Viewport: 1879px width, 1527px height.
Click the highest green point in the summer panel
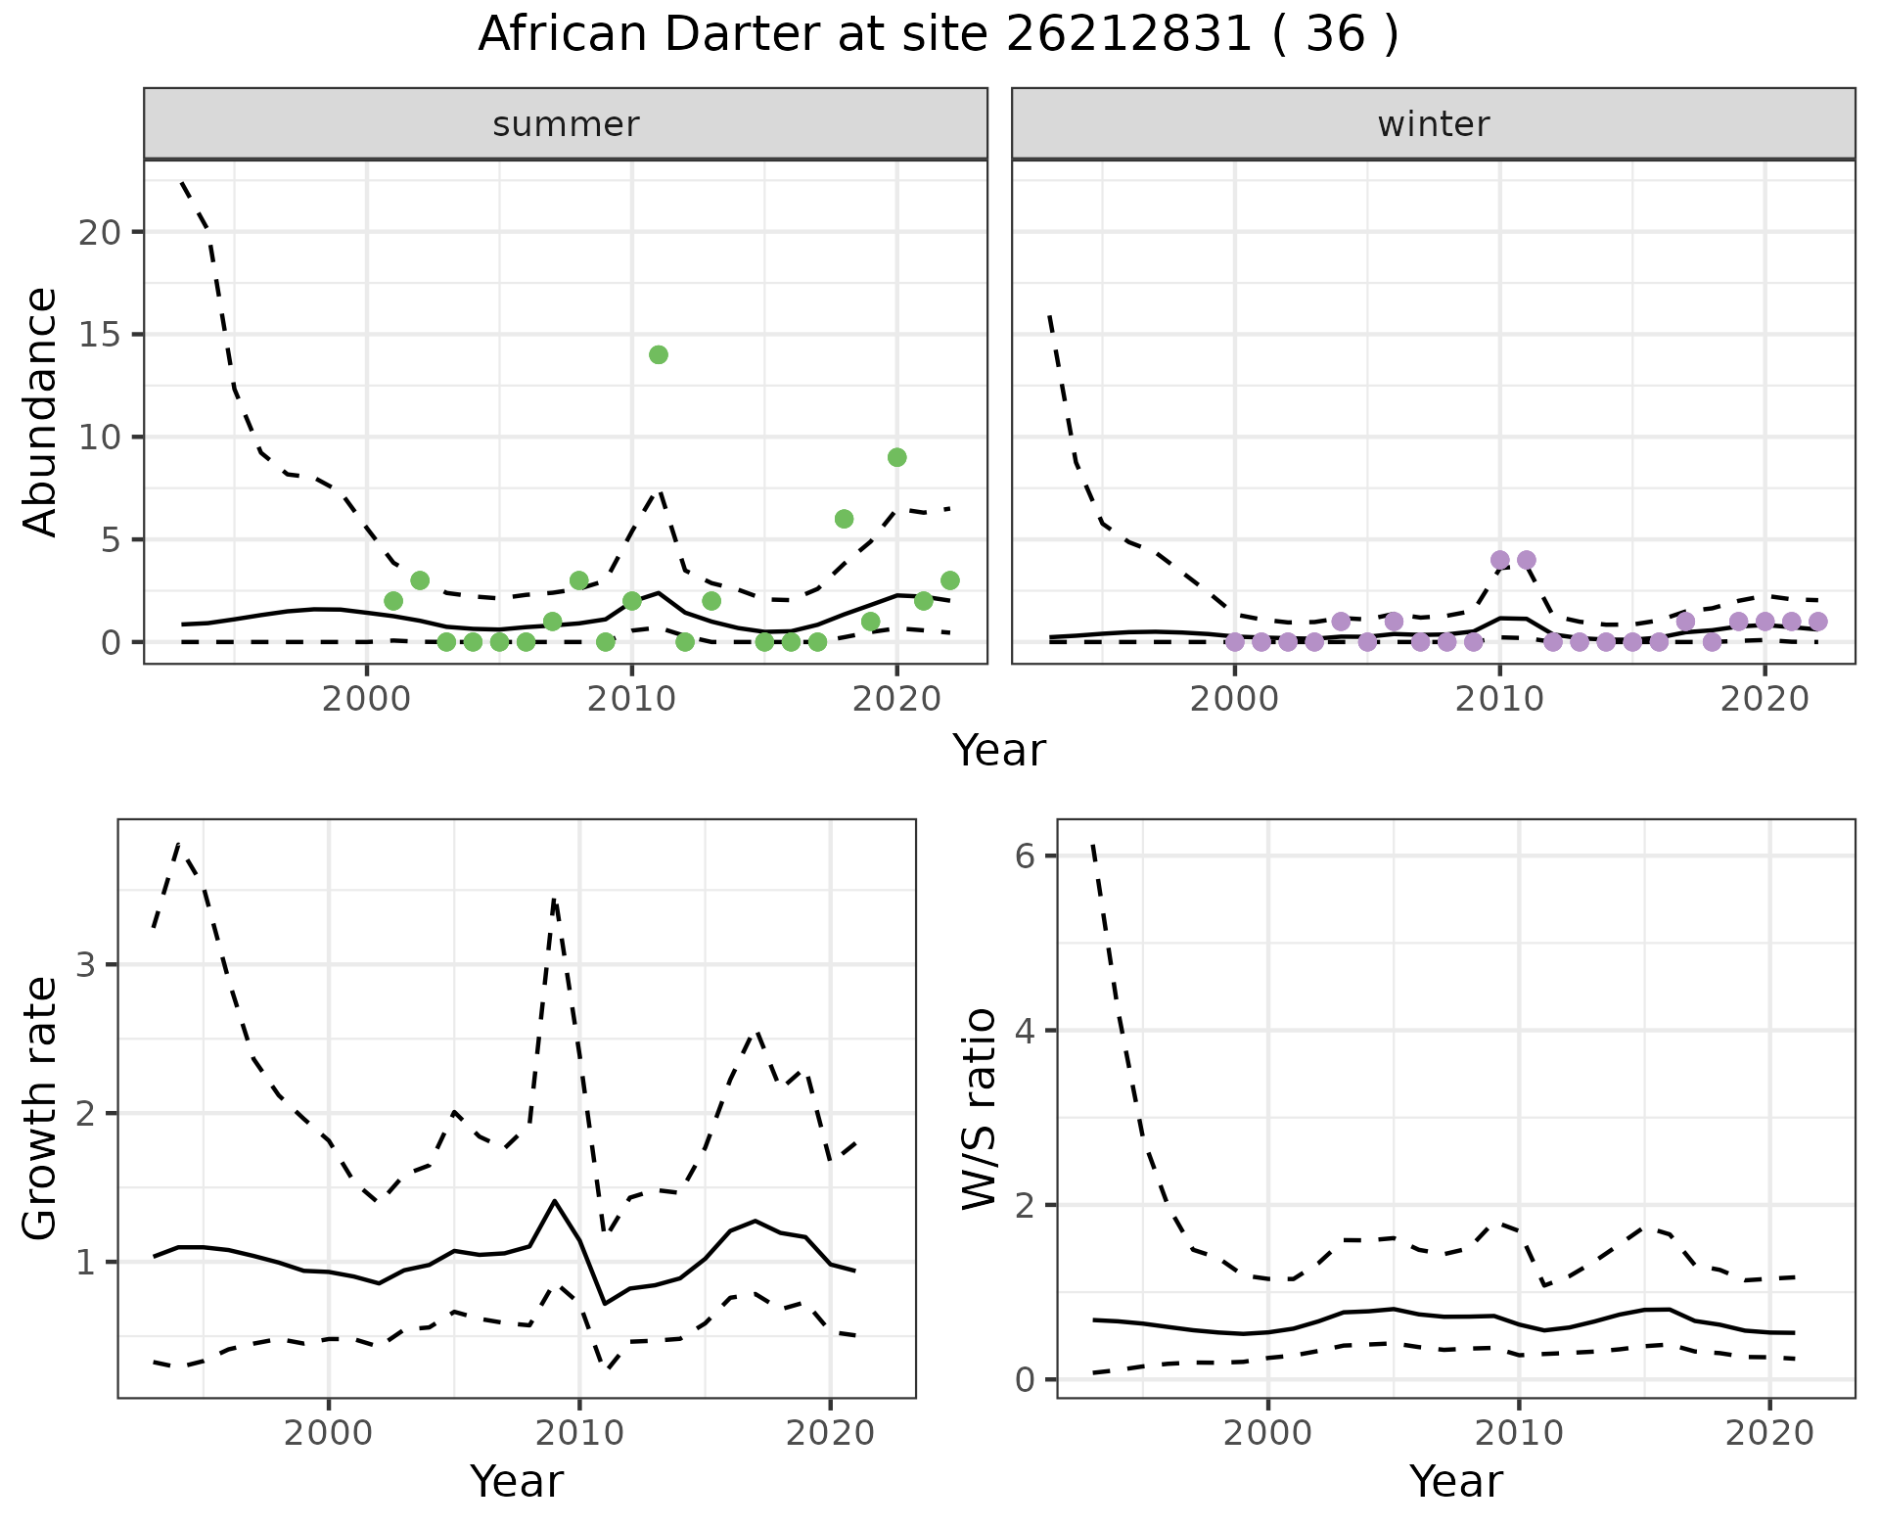point(659,354)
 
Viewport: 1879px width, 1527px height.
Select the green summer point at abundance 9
point(896,457)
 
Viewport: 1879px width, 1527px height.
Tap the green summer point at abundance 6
point(844,519)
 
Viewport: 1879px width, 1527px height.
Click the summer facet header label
point(566,124)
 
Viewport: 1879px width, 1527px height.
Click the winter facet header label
point(1434,124)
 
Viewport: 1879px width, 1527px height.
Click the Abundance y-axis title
point(41,411)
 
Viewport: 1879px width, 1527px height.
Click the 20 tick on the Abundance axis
point(99,232)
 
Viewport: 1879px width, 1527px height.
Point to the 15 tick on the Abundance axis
point(99,335)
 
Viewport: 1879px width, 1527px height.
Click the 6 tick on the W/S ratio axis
point(1025,856)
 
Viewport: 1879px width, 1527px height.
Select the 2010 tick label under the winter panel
point(1499,700)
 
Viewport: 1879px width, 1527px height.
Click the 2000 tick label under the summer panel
point(367,700)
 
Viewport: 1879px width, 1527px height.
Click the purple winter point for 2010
point(1499,560)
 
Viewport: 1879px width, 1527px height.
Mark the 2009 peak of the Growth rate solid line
point(555,1200)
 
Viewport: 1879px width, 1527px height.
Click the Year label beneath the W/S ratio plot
point(1456,1482)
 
